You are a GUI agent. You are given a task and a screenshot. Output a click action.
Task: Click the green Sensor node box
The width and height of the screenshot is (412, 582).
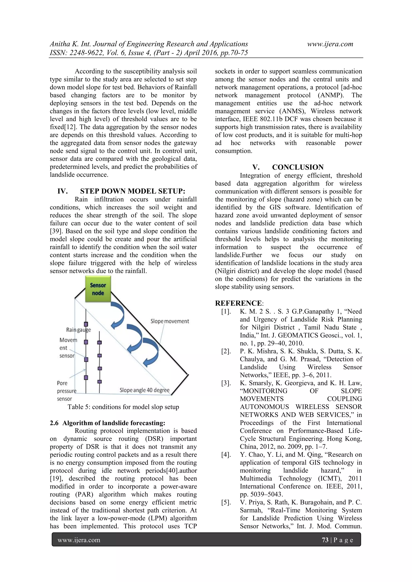pyautogui.click(x=98, y=289)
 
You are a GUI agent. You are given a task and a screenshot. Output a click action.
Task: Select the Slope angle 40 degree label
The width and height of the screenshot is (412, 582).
pyautogui.click(x=144, y=390)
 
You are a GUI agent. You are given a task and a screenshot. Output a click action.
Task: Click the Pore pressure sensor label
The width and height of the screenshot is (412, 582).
pyautogui.click(x=66, y=391)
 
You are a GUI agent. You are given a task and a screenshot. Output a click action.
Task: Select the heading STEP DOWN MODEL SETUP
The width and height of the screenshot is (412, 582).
pyautogui.click(x=132, y=191)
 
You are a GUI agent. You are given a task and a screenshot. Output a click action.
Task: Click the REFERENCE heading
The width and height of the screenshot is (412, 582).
pyautogui.click(x=238, y=303)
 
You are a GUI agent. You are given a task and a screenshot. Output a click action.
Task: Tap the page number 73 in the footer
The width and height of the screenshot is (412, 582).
pyautogui.click(x=325, y=540)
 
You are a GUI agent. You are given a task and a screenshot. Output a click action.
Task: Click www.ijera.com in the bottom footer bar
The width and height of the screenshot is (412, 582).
pyautogui.click(x=79, y=540)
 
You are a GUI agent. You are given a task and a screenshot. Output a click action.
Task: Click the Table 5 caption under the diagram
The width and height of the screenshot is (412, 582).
pyautogui.click(x=123, y=407)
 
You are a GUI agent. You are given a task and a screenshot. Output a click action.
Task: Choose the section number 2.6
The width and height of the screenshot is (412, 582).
pyautogui.click(x=54, y=423)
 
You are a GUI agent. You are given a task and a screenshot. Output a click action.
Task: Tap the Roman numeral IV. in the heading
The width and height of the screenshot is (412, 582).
pyautogui.click(x=62, y=191)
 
